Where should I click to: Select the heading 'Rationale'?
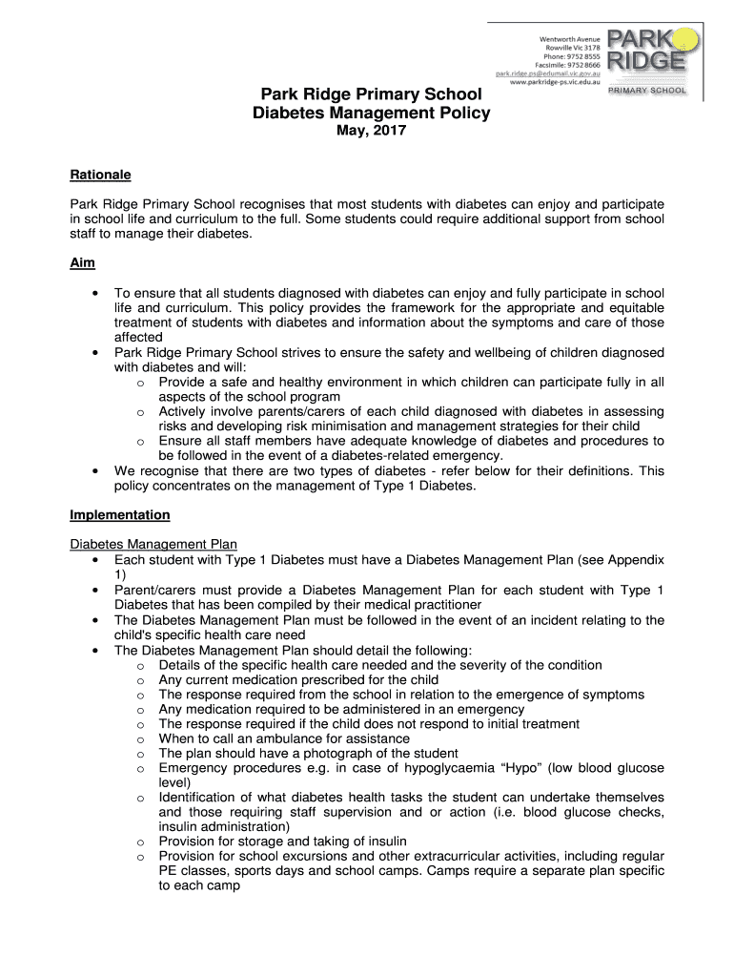(100, 176)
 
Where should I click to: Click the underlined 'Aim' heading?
(82, 262)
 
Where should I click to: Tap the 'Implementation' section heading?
(120, 515)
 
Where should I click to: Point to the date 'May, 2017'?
(371, 132)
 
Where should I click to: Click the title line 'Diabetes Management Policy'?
(371, 114)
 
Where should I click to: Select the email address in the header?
(547, 73)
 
